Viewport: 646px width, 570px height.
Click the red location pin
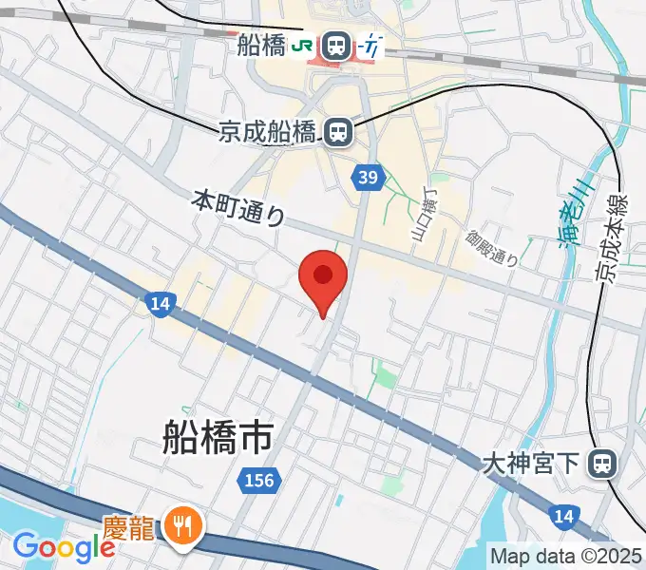pyautogui.click(x=323, y=277)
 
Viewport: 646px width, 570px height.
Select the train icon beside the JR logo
pyautogui.click(x=334, y=44)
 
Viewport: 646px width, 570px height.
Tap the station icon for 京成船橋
pyautogui.click(x=337, y=133)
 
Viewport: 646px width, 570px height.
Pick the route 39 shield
pyautogui.click(x=369, y=176)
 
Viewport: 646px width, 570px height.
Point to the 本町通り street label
pyautogui.click(x=238, y=207)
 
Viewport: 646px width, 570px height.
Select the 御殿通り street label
pyautogui.click(x=492, y=247)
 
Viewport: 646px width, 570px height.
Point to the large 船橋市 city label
pyautogui.click(x=218, y=438)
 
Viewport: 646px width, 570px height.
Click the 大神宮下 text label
pyautogui.click(x=530, y=465)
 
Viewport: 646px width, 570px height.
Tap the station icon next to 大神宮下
pyautogui.click(x=601, y=465)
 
